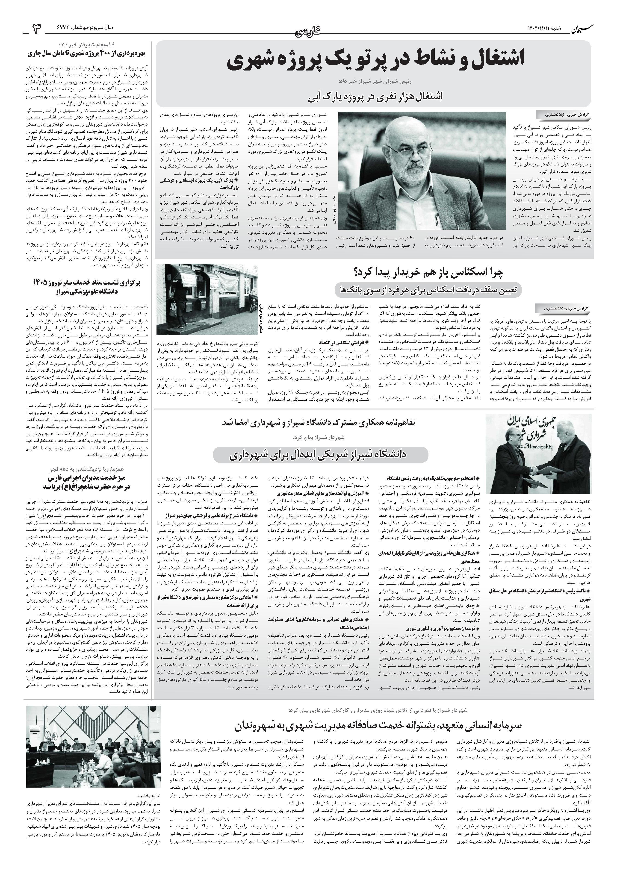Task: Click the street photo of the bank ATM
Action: tap(207, 299)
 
